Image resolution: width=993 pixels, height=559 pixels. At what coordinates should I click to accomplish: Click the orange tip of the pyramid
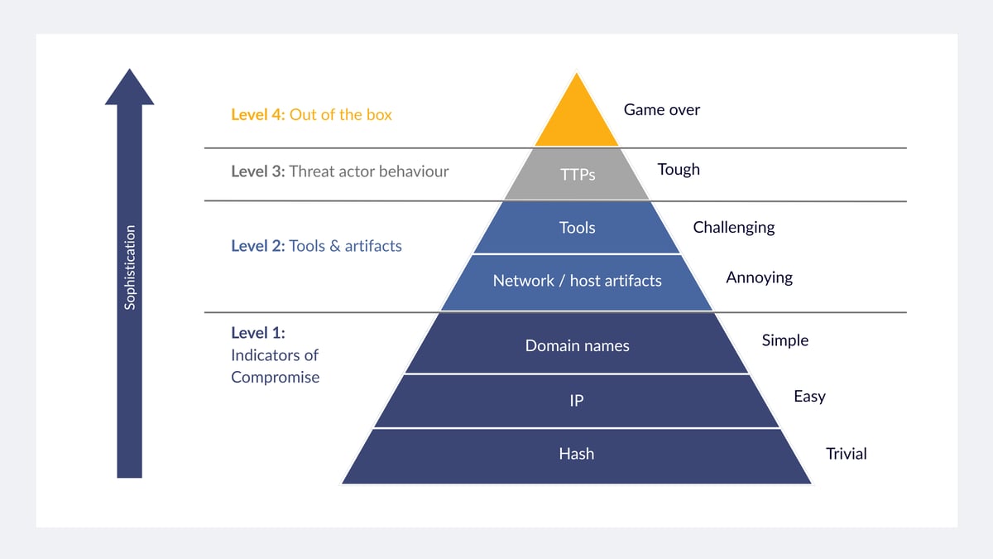(x=577, y=120)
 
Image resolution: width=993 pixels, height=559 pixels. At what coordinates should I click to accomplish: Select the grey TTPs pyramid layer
(x=577, y=174)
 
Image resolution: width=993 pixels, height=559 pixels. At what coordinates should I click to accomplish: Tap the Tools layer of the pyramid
(x=577, y=228)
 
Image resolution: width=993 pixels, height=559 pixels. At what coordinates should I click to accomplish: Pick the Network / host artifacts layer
(x=577, y=282)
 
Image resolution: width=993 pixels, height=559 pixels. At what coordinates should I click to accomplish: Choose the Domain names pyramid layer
(x=577, y=345)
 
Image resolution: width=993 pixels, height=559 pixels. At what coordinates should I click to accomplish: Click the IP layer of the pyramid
(x=577, y=401)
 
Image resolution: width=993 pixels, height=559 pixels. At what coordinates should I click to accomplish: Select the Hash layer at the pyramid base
(x=577, y=454)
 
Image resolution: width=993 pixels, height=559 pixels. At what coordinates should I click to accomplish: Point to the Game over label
(x=661, y=110)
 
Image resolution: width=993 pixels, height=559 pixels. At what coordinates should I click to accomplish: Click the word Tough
(x=679, y=170)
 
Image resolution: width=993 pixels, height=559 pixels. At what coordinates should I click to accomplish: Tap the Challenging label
(x=733, y=227)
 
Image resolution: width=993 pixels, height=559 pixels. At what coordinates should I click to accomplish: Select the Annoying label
(x=759, y=278)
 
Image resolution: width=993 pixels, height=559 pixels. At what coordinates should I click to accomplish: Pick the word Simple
(x=784, y=340)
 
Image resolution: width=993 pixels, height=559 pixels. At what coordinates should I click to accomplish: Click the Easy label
(x=809, y=397)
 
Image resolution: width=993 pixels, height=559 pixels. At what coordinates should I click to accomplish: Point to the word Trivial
(x=846, y=454)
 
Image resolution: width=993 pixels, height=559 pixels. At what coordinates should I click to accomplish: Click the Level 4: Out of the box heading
(x=311, y=115)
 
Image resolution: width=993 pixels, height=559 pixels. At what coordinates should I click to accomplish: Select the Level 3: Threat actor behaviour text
(x=339, y=172)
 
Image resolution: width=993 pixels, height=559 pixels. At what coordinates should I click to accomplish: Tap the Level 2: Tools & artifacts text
(x=316, y=246)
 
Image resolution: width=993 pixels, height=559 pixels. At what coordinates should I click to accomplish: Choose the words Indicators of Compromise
(x=275, y=366)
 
